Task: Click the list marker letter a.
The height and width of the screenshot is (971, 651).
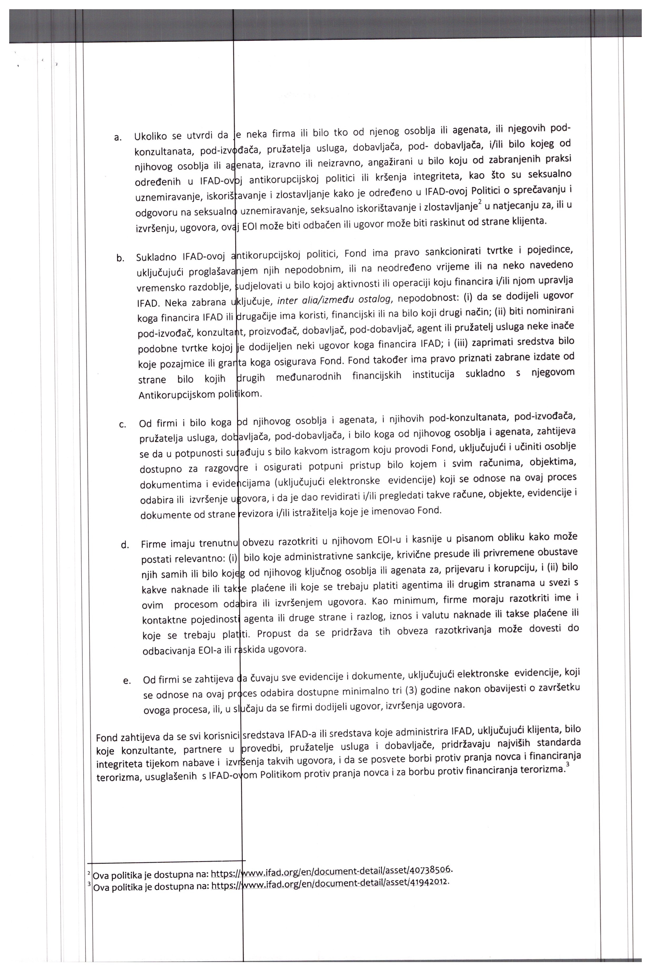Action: click(x=118, y=137)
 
